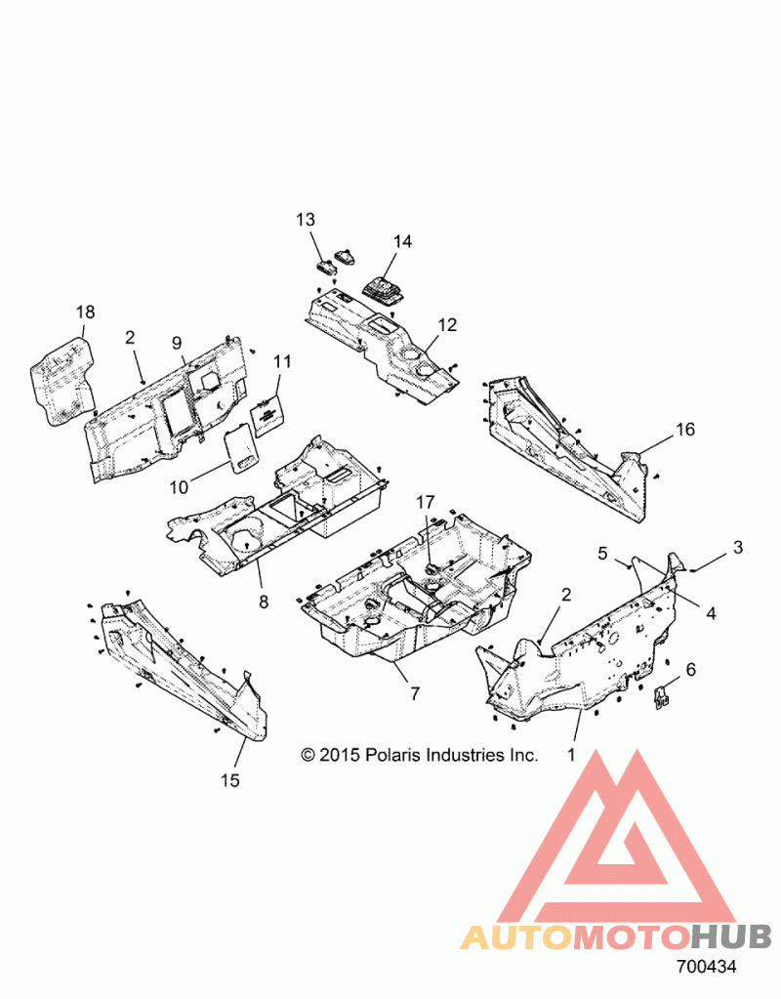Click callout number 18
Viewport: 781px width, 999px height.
tap(85, 312)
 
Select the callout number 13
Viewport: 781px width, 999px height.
tap(306, 220)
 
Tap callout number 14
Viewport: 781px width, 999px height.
tap(402, 241)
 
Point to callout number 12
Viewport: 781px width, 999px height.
tap(447, 325)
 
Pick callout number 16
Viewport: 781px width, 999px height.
tap(685, 430)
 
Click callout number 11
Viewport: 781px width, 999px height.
tap(282, 362)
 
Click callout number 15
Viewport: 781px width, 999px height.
tap(230, 780)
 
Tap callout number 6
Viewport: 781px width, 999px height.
tap(690, 670)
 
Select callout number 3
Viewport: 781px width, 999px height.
tap(738, 547)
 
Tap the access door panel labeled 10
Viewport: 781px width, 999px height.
tap(239, 452)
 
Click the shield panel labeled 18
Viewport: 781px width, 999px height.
tap(63, 381)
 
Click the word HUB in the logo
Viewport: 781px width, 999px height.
tap(731, 937)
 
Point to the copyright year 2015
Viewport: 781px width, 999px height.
tap(341, 756)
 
